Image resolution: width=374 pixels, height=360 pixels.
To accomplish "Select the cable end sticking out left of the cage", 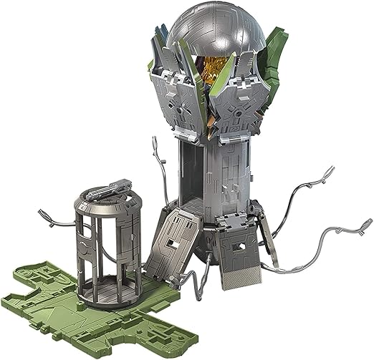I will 43,213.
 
